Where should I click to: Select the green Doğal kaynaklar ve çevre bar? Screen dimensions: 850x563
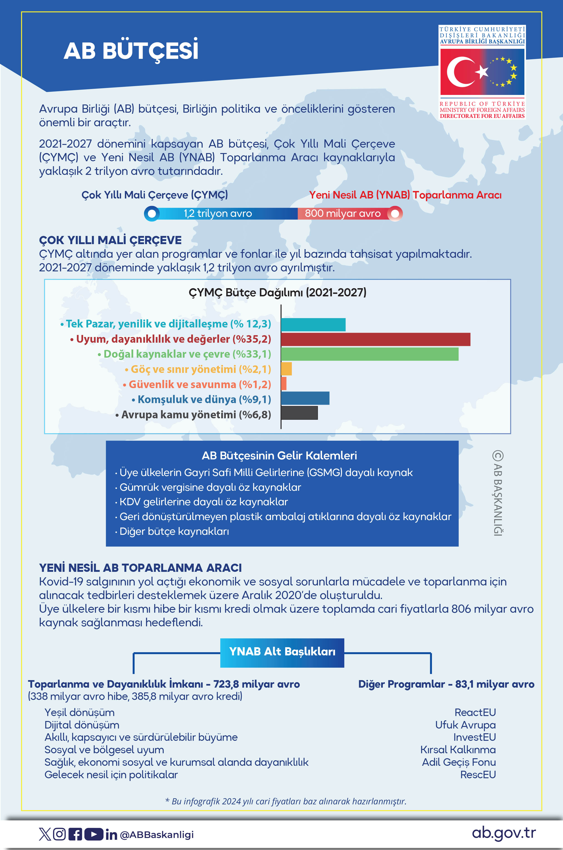pyautogui.click(x=370, y=354)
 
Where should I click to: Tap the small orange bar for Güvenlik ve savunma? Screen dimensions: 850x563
pyautogui.click(x=284, y=384)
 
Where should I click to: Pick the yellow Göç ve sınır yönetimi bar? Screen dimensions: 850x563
pyautogui.click(x=286, y=369)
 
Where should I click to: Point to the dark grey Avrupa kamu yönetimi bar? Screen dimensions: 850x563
pyautogui.click(x=299, y=413)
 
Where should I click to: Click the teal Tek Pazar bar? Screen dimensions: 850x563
pyautogui.click(x=313, y=325)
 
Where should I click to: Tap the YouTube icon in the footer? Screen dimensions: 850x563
pyautogui.click(x=94, y=834)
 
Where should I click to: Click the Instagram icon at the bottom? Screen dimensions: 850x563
pyautogui.click(x=60, y=834)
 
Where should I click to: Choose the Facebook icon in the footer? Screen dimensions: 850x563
pyautogui.click(x=75, y=834)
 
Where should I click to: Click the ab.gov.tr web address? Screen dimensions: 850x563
pyautogui.click(x=503, y=833)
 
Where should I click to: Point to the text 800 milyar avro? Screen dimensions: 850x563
pyautogui.click(x=342, y=213)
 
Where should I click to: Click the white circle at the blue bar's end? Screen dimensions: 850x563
pyautogui.click(x=152, y=213)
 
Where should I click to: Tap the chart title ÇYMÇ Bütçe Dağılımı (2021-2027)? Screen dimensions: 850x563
pyautogui.click(x=277, y=292)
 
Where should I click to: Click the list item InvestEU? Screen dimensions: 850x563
pyautogui.click(x=474, y=737)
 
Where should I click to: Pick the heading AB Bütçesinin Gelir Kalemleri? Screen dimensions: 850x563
pyautogui.click(x=279, y=456)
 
